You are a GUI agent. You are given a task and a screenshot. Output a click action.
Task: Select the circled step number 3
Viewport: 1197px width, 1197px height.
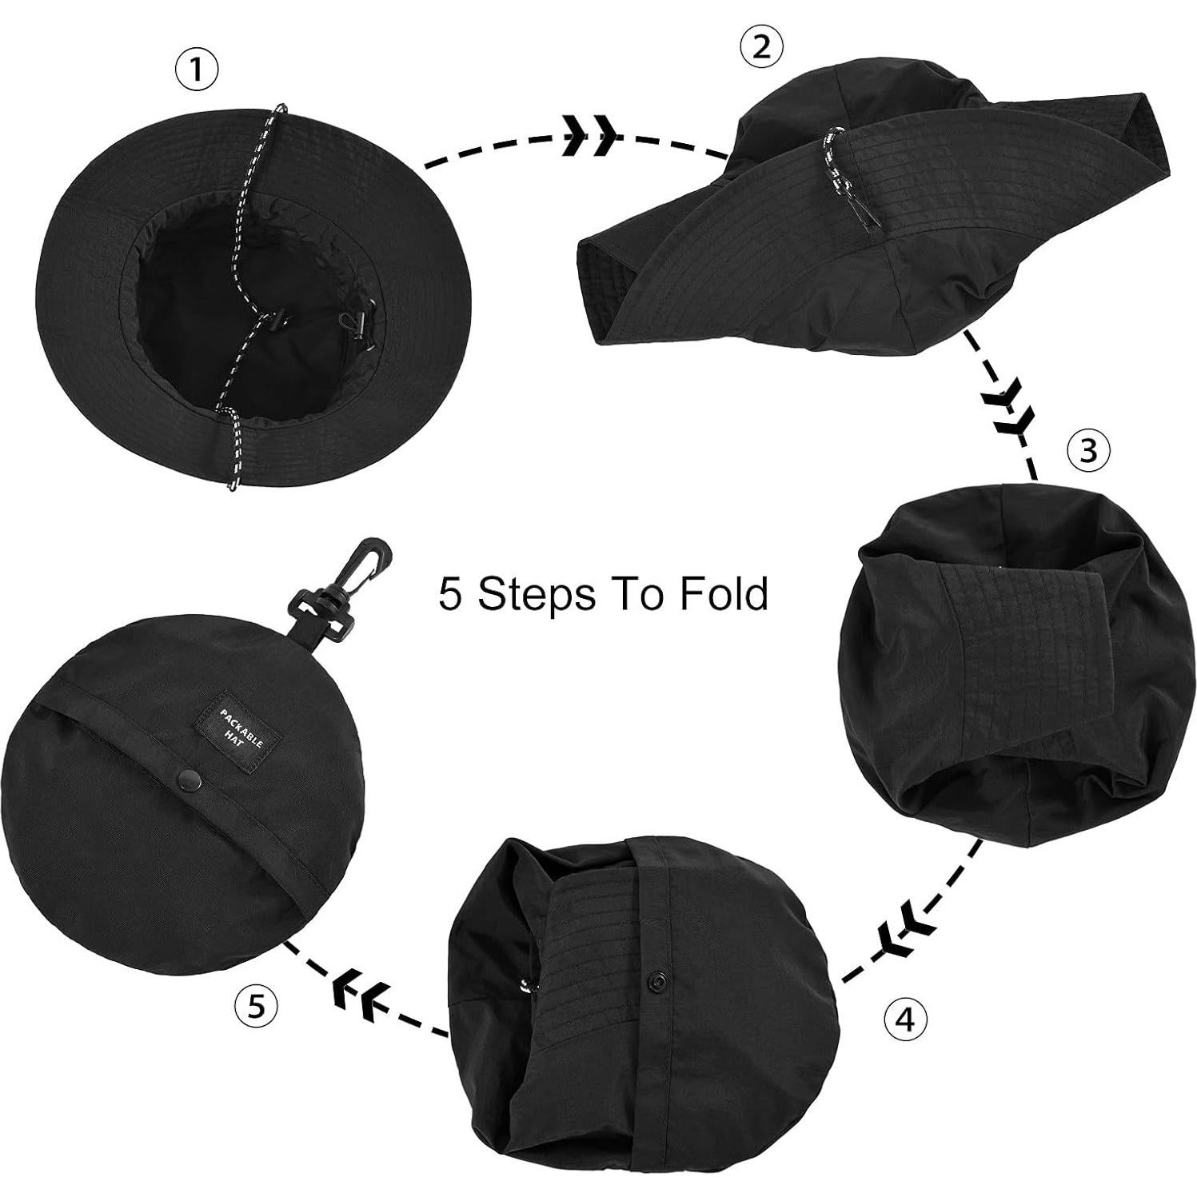point(1089,451)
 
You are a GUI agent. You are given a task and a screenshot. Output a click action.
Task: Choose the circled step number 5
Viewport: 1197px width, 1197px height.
point(255,1005)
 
